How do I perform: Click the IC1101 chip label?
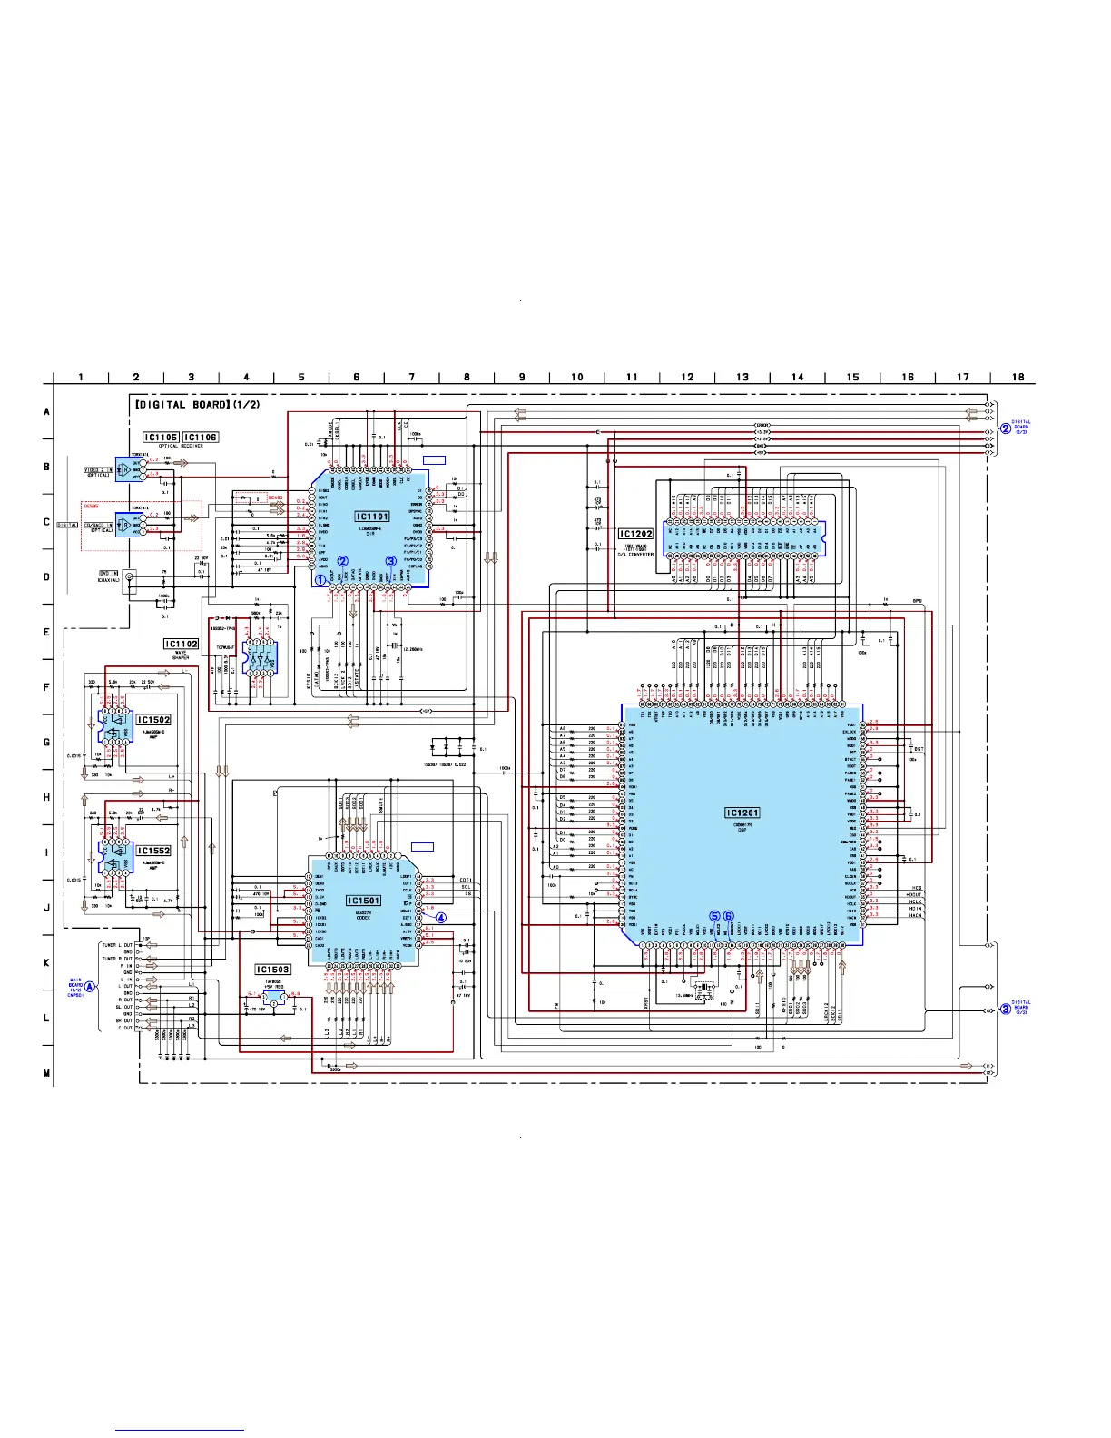tap(372, 517)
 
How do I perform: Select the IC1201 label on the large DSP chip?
tap(742, 813)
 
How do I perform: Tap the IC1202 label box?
tap(635, 534)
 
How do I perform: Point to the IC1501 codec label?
tap(364, 901)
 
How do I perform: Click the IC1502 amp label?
tap(153, 720)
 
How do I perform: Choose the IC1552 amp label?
tap(153, 852)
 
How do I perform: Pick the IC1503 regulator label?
tap(272, 970)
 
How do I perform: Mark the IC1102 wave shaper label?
tap(181, 644)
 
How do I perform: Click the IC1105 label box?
tap(161, 437)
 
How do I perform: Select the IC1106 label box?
tap(201, 437)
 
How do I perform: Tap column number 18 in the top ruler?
tap(1018, 377)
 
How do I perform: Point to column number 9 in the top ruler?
tap(522, 377)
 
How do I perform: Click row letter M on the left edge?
tap(47, 1073)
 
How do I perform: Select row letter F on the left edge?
tap(47, 687)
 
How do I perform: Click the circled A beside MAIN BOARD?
tap(90, 988)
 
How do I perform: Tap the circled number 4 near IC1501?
tap(441, 917)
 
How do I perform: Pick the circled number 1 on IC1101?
tap(320, 579)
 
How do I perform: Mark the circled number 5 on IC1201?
tap(715, 917)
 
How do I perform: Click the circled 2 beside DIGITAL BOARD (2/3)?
tap(1006, 428)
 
